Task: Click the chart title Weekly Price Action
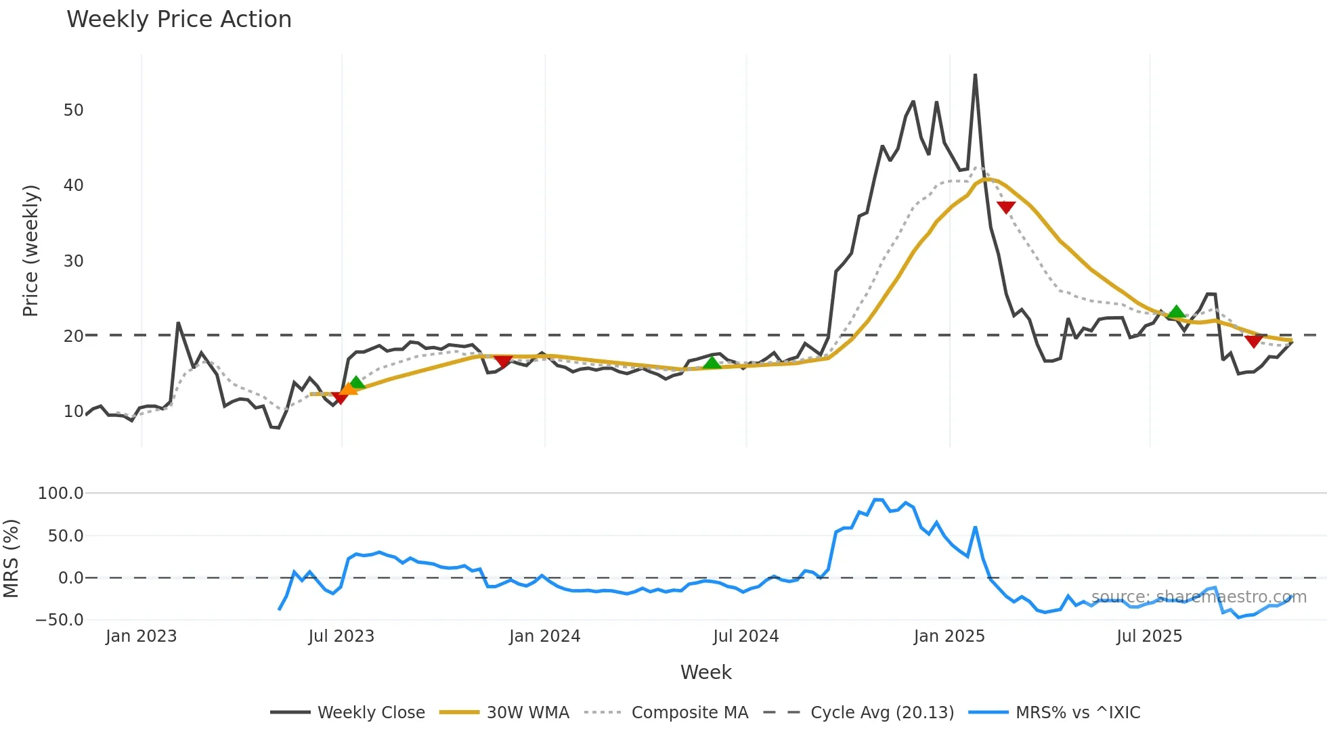tap(179, 20)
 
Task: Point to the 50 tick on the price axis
tap(73, 110)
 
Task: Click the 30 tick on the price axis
tap(73, 261)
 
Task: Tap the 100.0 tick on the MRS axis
tap(61, 493)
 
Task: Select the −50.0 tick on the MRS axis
tap(60, 620)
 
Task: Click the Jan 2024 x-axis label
tap(544, 636)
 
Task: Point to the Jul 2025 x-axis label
tap(1149, 636)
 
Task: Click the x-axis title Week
tap(705, 672)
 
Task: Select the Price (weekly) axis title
tap(31, 250)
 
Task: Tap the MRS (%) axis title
tap(12, 558)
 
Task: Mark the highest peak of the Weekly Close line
tap(975, 74)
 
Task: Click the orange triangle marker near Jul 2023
tap(348, 389)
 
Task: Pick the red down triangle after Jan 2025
tap(1006, 207)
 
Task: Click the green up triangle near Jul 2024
tap(712, 363)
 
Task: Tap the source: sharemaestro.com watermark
tap(1198, 597)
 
